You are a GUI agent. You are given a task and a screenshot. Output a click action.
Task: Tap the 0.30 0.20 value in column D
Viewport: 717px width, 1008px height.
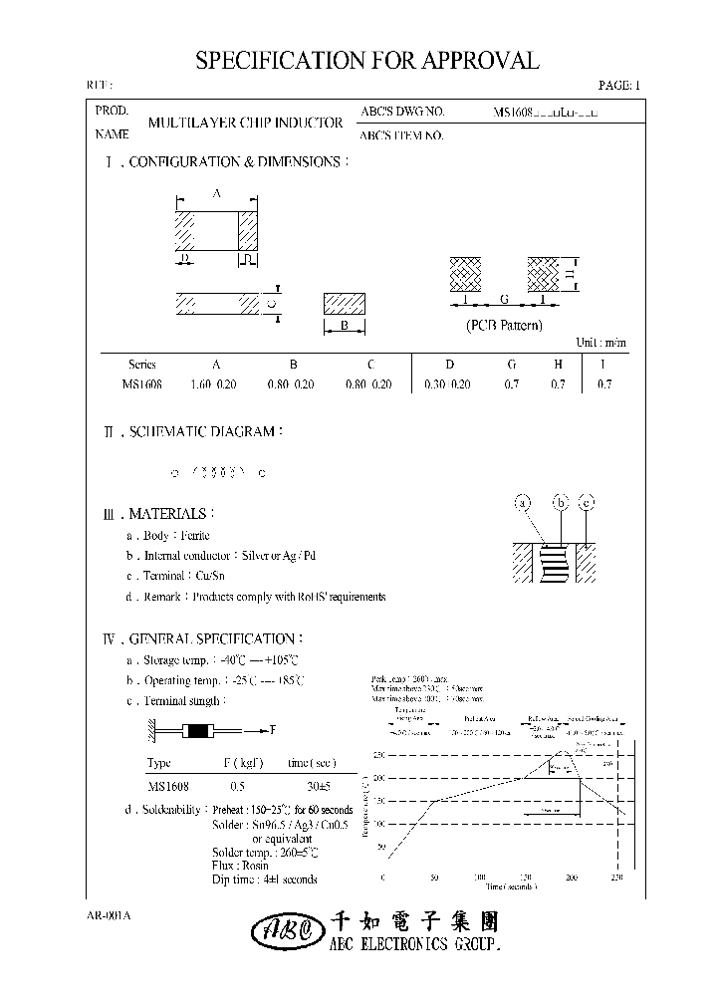(448, 384)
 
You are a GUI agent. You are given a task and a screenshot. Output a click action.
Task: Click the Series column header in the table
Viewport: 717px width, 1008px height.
(142, 365)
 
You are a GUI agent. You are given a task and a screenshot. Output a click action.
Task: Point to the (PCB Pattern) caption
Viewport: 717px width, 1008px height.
(504, 326)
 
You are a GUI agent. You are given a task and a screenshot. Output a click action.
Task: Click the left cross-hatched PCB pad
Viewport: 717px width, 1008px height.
(465, 272)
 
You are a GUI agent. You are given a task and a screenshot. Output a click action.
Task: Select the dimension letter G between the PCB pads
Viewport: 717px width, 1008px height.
(504, 299)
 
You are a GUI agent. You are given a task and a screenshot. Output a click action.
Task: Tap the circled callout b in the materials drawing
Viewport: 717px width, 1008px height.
(562, 504)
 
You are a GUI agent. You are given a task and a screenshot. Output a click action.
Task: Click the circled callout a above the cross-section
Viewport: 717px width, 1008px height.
(523, 504)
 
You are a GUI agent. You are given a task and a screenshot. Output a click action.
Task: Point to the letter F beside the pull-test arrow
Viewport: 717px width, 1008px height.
(272, 730)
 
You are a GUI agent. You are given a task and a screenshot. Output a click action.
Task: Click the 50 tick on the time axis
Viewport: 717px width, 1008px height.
(433, 878)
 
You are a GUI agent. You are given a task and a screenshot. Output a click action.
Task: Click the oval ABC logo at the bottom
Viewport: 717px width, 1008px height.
(284, 931)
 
